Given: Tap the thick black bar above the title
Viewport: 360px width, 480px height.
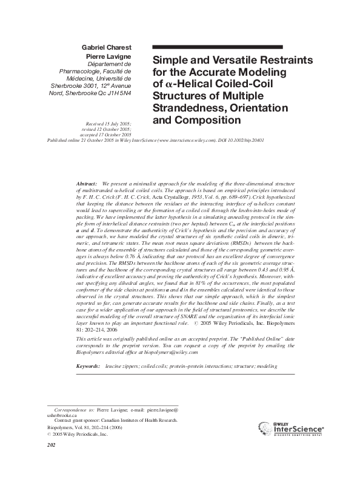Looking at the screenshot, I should click(217, 47).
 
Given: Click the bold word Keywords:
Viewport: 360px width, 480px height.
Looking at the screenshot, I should click(88, 367).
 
